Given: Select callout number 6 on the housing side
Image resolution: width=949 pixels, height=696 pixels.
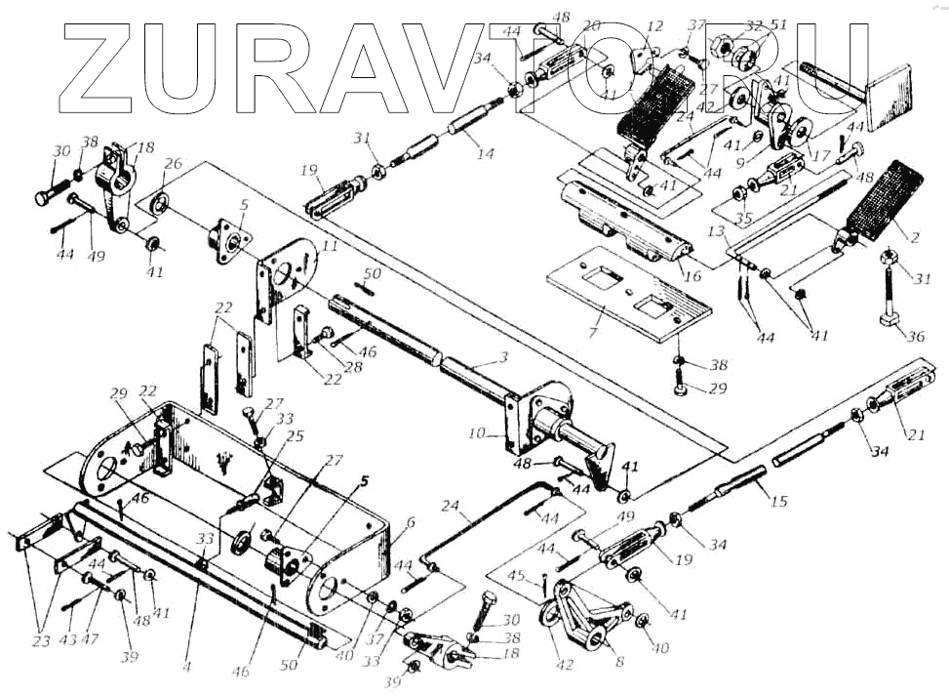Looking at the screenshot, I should coord(410,523).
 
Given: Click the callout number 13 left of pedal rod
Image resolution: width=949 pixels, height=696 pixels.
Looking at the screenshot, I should coord(718,231).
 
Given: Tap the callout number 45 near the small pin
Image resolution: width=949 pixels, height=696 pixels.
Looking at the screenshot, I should coord(542,576).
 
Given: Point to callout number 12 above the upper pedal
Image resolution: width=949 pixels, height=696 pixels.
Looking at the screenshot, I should coord(653,26).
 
